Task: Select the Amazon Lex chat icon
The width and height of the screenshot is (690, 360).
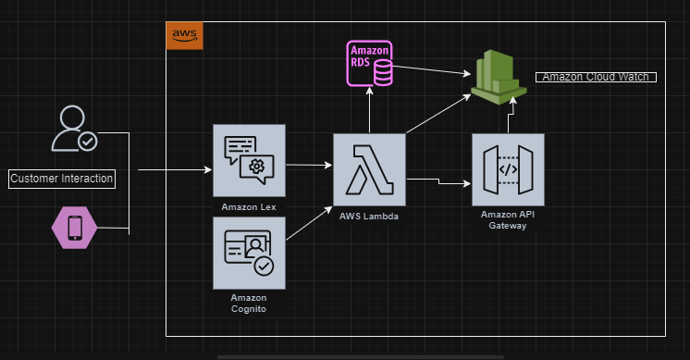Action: pyautogui.click(x=249, y=160)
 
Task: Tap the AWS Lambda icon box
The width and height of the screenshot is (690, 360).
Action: pyautogui.click(x=369, y=169)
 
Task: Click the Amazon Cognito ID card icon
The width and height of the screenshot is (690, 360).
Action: pyautogui.click(x=249, y=253)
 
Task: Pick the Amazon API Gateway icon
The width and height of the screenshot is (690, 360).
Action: pyautogui.click(x=508, y=169)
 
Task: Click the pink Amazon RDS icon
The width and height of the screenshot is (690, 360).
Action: pyautogui.click(x=370, y=63)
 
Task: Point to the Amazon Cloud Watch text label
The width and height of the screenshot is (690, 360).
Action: pyautogui.click(x=596, y=77)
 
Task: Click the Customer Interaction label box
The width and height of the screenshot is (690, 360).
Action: pyautogui.click(x=62, y=179)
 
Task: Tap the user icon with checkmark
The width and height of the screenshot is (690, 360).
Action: pyautogui.click(x=73, y=130)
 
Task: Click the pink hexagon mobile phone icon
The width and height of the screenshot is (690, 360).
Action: pyautogui.click(x=74, y=228)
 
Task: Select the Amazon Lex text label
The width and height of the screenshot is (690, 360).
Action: pyautogui.click(x=249, y=205)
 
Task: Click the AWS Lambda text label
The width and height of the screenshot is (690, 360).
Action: pyautogui.click(x=369, y=215)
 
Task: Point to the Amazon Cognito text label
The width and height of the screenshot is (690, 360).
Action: pyautogui.click(x=249, y=303)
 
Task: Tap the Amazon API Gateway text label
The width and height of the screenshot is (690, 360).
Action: pyautogui.click(x=508, y=220)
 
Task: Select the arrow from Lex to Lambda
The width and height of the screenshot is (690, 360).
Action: pyautogui.click(x=309, y=166)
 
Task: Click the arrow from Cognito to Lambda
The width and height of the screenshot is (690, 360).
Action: pyautogui.click(x=309, y=225)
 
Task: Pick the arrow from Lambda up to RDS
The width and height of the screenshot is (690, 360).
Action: pyautogui.click(x=369, y=111)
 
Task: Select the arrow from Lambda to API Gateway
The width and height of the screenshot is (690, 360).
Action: pyautogui.click(x=439, y=181)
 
